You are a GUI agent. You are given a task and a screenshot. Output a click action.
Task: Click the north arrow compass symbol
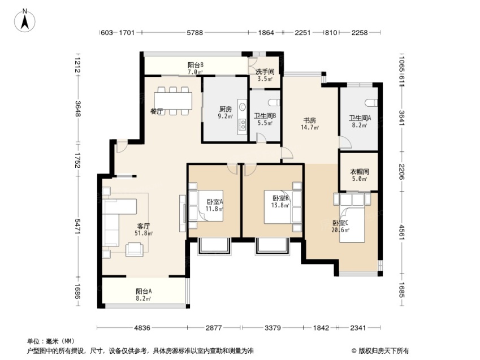(25, 21)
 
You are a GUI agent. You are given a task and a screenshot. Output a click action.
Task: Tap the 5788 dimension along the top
(195, 32)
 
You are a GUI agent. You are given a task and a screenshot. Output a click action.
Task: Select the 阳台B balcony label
(196, 68)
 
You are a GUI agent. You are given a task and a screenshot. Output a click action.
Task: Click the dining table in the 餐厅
(173, 101)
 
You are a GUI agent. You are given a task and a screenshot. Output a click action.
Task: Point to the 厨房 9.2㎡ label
(226, 112)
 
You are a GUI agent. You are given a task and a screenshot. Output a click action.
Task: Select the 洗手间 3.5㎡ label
(265, 75)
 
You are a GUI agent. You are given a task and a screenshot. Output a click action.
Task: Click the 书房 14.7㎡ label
(310, 124)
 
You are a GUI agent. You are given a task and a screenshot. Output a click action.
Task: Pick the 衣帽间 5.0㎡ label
(360, 175)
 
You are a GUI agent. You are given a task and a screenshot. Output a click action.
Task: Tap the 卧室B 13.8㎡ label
(280, 202)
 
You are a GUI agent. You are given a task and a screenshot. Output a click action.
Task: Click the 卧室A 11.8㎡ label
(214, 205)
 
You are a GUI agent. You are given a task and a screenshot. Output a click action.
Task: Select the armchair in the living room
(135, 249)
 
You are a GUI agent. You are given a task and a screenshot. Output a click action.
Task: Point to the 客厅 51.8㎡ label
(144, 229)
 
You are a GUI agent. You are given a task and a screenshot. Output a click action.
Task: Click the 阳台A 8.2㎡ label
(144, 294)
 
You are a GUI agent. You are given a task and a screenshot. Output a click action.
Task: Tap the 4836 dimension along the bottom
(142, 328)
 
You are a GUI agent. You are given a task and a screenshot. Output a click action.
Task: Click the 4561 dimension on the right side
(401, 232)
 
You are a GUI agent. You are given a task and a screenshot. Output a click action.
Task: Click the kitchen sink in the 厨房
(243, 106)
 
